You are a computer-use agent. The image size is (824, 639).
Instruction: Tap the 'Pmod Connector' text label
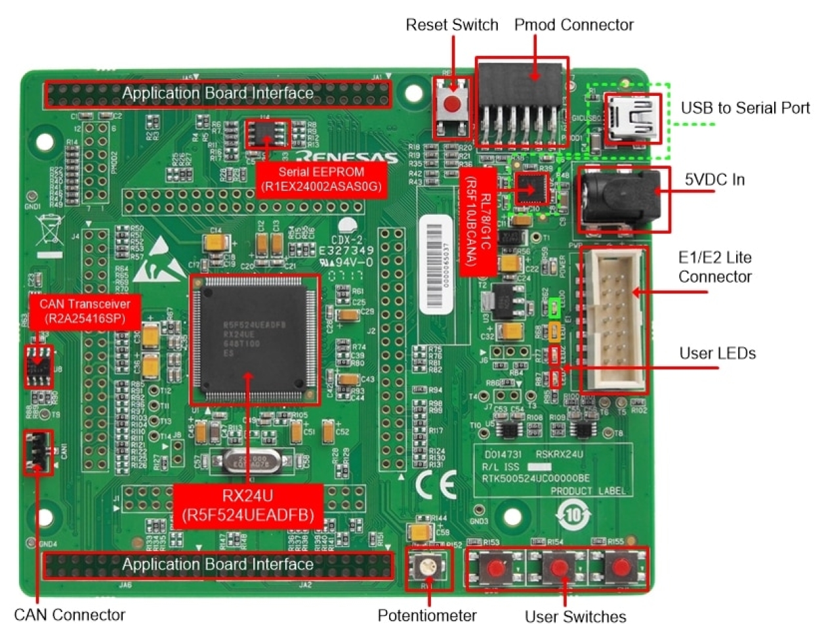tap(573, 25)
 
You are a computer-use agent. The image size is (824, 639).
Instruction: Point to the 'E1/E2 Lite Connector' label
tap(714, 267)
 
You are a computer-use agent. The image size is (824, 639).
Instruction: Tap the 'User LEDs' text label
tap(717, 353)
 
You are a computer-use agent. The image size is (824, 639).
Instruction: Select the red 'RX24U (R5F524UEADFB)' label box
tap(247, 506)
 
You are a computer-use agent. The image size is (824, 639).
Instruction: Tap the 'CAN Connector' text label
tap(70, 615)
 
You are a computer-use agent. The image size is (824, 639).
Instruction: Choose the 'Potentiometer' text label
tap(426, 615)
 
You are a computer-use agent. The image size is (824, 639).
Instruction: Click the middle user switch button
tap(559, 567)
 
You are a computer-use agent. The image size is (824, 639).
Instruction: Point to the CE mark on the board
tap(436, 486)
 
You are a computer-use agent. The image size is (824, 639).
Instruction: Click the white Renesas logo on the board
tap(346, 157)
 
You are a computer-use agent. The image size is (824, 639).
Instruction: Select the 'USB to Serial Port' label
tap(745, 108)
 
